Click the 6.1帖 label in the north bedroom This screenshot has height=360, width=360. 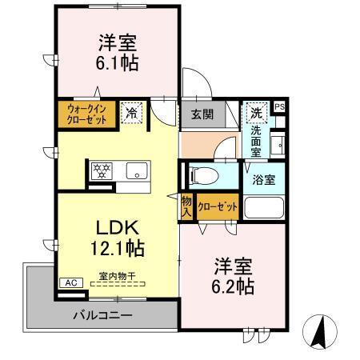tap(118, 63)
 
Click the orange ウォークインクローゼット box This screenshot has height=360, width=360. tap(86, 114)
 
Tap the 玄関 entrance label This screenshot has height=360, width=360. tap(202, 114)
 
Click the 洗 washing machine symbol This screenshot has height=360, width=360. tap(255, 111)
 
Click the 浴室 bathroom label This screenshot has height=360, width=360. tap(265, 180)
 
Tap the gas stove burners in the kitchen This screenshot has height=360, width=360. tap(102, 170)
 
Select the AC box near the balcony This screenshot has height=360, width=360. tap(70, 282)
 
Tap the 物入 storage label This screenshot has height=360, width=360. tap(186, 206)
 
